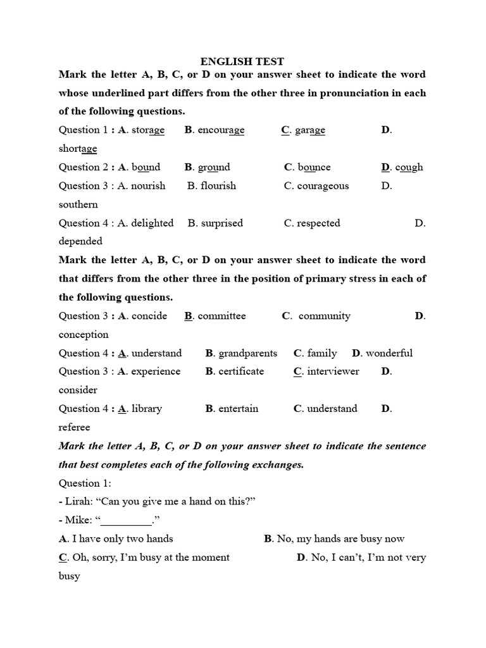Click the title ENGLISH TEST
coord(242,61)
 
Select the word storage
coord(147,130)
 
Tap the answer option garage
coord(310,130)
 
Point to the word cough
coord(409,168)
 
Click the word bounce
coord(314,168)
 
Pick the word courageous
coord(323,186)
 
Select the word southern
coord(78,204)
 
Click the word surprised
coord(221,223)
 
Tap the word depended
coord(80,241)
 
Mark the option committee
coord(221,316)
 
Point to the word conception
coord(84,334)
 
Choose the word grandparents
coord(247,353)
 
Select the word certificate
coord(241,371)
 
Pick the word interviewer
coord(333,371)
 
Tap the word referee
coord(75,427)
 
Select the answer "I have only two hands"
coord(123,539)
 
